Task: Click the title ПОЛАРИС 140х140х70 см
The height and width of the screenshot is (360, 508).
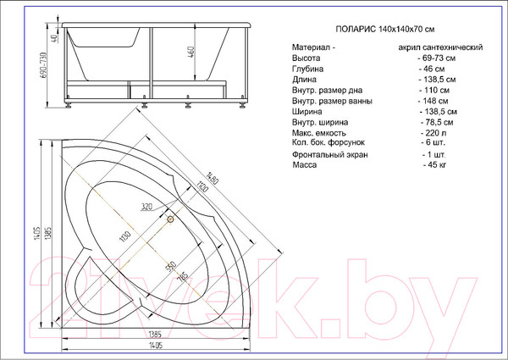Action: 385,29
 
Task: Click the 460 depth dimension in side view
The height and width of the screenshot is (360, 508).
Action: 191,53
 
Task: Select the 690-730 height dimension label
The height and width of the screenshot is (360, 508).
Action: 43,65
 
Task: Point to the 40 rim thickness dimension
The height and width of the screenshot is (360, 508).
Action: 55,37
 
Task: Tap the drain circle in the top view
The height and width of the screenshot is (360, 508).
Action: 170,219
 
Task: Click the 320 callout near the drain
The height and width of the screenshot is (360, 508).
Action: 146,207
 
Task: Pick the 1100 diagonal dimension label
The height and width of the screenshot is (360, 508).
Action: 202,186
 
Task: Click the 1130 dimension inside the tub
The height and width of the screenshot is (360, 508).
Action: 125,236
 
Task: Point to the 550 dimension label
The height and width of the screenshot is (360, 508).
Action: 171,266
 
